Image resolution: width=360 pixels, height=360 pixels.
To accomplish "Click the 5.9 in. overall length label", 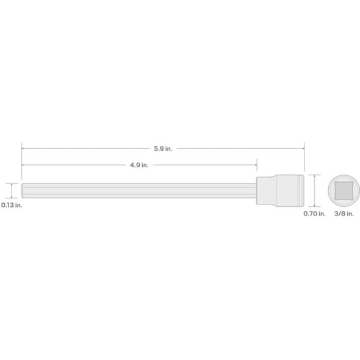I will coord(163,148).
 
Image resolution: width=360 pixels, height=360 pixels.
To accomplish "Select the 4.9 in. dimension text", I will coord(139,165).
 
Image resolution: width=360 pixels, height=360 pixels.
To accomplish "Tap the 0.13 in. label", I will coord(11,206).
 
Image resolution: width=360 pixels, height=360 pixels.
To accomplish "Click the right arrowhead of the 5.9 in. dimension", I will coord(303,148).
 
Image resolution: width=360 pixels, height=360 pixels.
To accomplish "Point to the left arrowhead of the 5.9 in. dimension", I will coord(23,148).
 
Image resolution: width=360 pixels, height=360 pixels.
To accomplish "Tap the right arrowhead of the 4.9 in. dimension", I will coord(255,165).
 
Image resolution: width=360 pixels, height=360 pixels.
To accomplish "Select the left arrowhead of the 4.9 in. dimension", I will coord(23,165).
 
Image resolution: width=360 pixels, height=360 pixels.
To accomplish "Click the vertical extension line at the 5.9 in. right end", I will coord(304,159).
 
